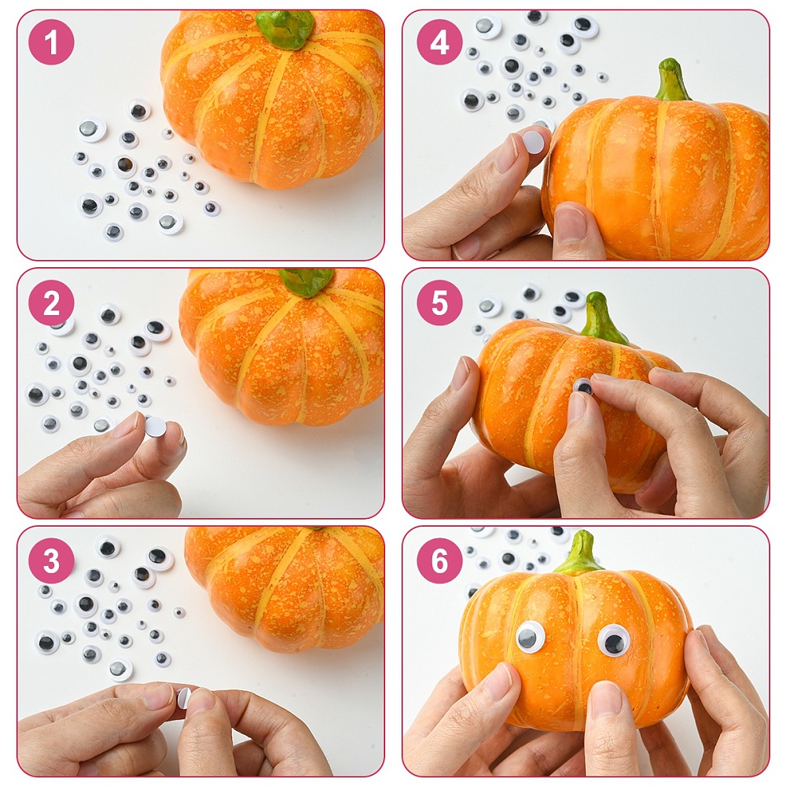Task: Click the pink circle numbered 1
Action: [52, 42]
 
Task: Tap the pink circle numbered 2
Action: [52, 303]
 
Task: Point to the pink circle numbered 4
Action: [439, 42]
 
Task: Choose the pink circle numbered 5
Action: [439, 303]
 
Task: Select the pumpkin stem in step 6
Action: [581, 554]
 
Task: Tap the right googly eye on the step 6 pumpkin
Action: [612, 640]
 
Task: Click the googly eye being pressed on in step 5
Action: [584, 387]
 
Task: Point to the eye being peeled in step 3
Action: [183, 697]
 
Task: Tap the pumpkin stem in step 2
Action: [307, 281]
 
